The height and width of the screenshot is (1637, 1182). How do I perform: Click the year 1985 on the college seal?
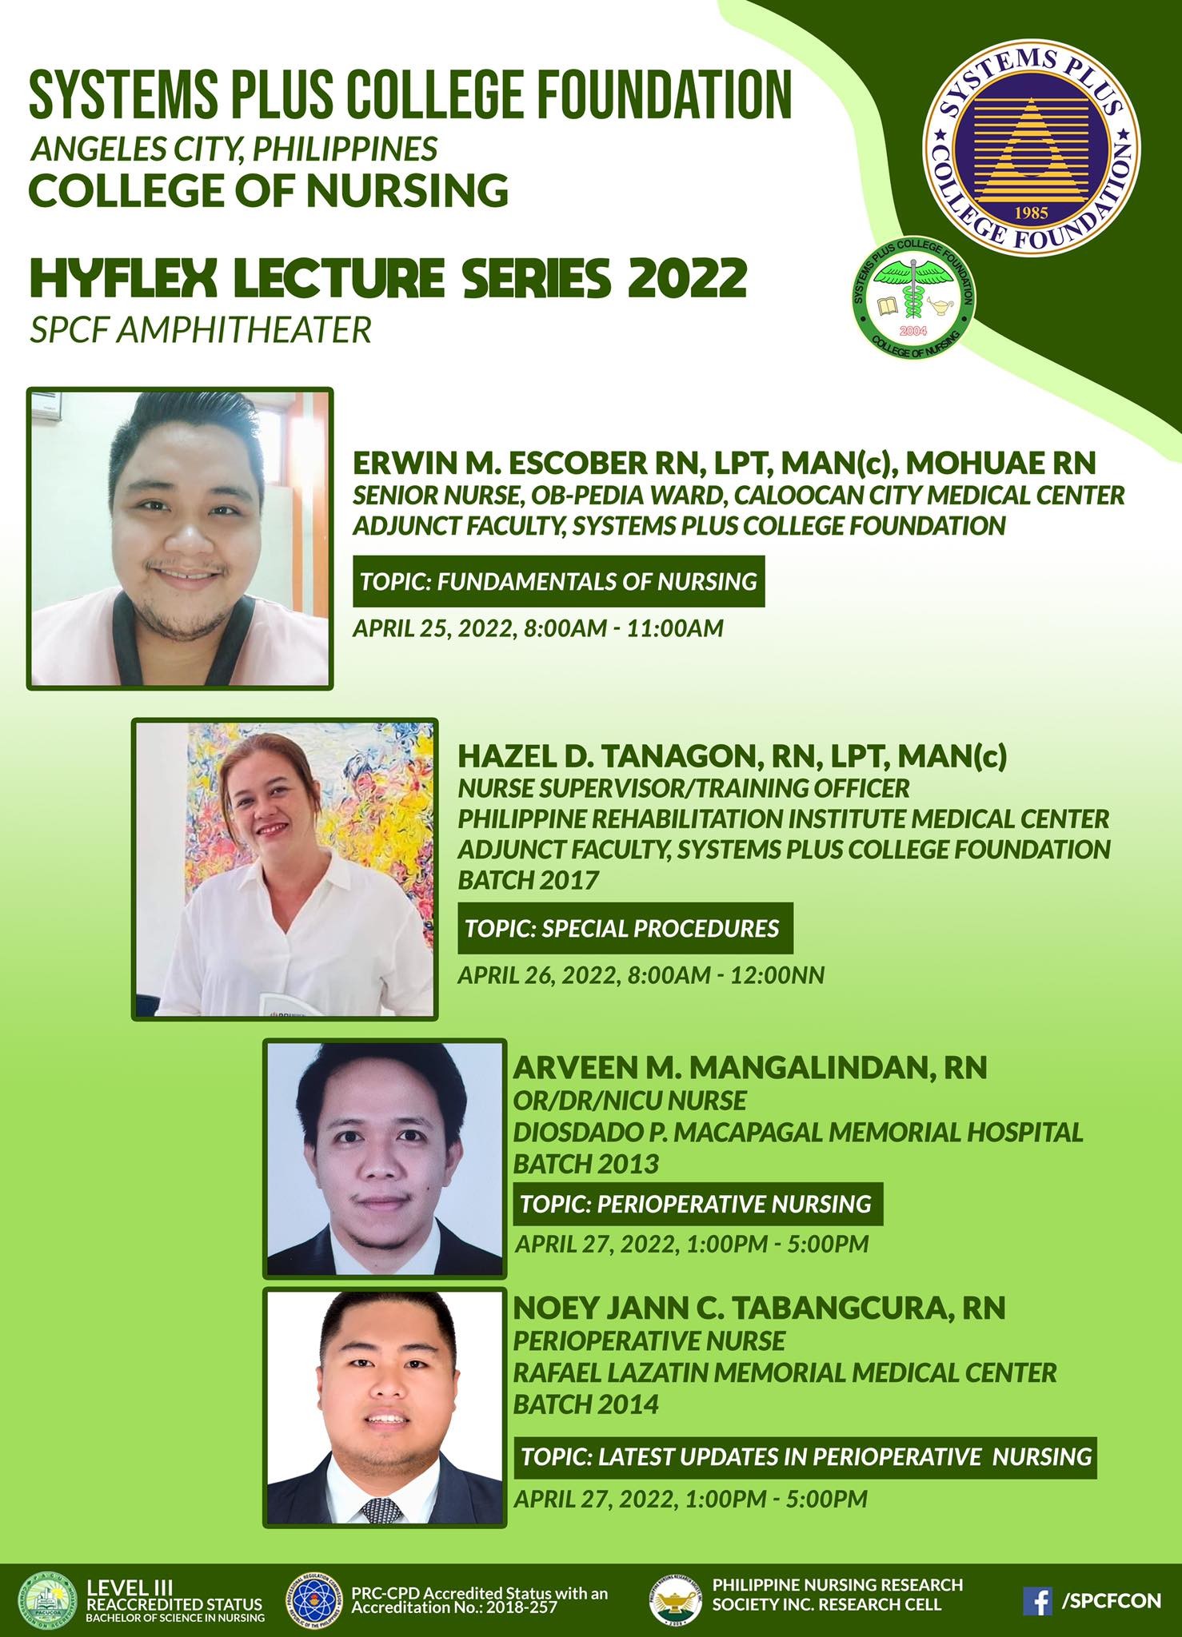point(1032,213)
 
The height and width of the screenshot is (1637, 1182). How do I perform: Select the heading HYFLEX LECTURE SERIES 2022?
point(389,279)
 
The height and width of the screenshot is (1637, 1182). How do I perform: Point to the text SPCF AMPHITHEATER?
point(201,329)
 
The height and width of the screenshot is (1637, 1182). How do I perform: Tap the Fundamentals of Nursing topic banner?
point(558,581)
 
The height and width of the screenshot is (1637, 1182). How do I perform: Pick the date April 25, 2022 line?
point(538,627)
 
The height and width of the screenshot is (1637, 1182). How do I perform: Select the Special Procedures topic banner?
point(625,928)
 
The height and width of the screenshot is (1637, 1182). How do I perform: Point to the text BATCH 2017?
point(528,880)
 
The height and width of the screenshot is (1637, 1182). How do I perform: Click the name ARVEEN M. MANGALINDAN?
point(716,1067)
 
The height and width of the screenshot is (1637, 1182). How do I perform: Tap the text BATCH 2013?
point(586,1164)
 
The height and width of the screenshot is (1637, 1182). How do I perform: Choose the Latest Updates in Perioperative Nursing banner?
point(805,1456)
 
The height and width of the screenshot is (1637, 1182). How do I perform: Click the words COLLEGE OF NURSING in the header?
point(269,190)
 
